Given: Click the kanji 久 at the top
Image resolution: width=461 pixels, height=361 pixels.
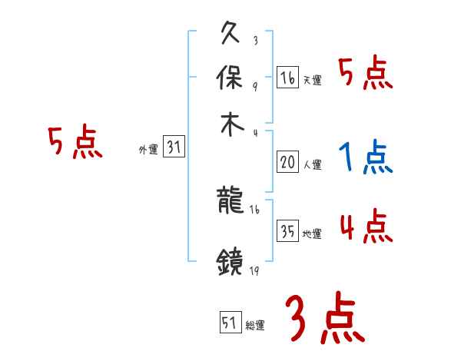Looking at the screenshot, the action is click(x=231, y=35).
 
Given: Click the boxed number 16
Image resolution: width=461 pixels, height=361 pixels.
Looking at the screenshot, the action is click(x=287, y=78).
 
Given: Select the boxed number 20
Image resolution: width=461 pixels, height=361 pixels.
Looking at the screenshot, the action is click(x=287, y=162).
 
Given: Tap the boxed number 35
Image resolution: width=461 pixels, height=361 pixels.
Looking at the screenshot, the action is click(x=287, y=232).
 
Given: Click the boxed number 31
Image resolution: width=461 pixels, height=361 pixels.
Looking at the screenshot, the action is click(x=174, y=148).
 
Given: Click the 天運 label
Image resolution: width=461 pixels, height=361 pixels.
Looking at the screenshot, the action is click(x=312, y=80).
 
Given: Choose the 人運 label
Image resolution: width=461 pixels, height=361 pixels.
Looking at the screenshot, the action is click(x=312, y=164).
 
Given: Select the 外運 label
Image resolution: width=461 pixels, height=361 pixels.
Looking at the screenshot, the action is click(x=148, y=151).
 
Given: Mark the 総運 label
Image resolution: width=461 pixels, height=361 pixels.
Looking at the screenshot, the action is click(x=255, y=325).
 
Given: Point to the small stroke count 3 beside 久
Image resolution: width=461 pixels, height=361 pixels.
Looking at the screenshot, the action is click(x=254, y=41).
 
